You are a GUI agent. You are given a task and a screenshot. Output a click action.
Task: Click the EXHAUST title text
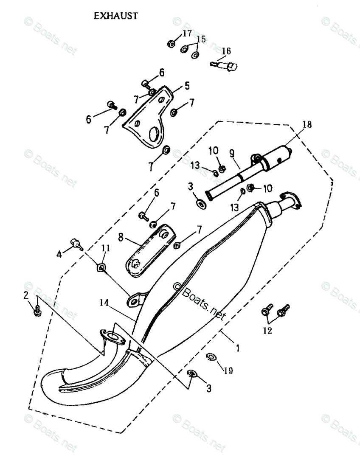116,16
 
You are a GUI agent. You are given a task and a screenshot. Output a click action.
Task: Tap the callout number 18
307,124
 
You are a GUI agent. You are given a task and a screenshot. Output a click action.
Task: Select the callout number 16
226,51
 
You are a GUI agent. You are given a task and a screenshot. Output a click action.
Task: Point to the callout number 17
187,33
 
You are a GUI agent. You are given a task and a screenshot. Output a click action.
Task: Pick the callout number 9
232,153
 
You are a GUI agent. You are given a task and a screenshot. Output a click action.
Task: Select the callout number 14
104,303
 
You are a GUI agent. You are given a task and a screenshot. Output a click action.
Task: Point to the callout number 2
26,295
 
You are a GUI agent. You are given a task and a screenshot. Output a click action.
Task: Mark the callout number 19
228,371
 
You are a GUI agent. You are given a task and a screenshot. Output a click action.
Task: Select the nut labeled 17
171,43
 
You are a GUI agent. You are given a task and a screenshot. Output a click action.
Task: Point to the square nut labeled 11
101,267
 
